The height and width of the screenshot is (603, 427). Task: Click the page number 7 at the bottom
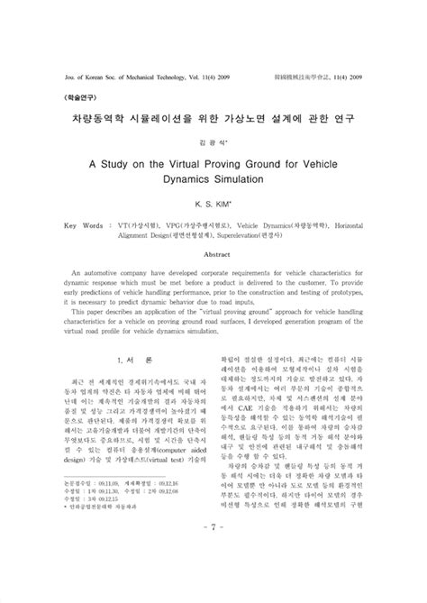tap(213, 552)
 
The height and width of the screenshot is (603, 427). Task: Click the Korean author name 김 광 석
tap(213, 141)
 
